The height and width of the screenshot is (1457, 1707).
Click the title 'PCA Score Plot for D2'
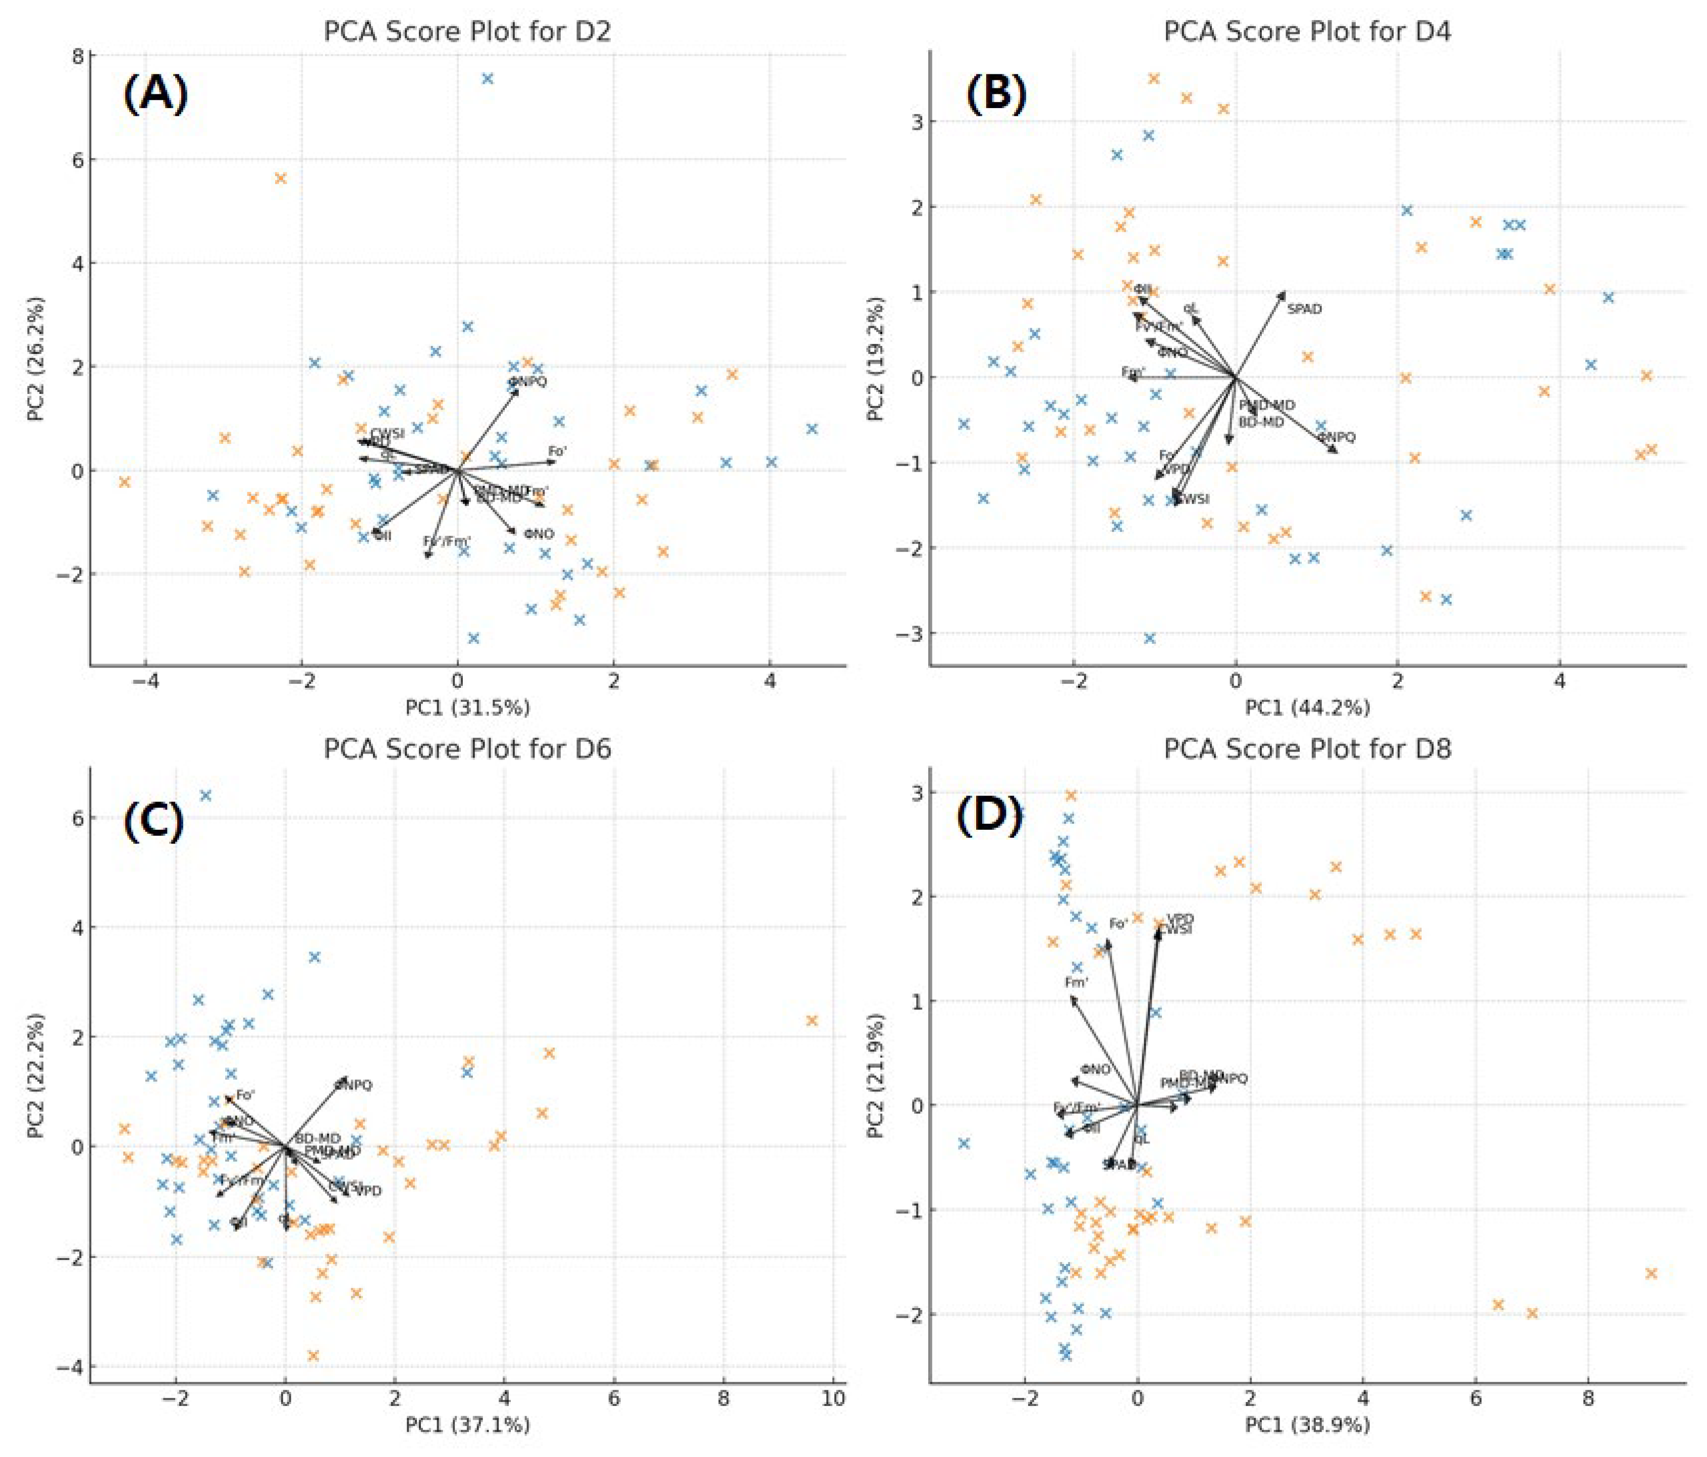click(467, 31)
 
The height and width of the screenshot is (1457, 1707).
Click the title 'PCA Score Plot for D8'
click(1307, 749)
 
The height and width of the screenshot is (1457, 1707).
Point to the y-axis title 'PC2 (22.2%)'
click(35, 1075)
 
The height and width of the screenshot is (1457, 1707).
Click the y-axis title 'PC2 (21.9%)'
click(876, 1075)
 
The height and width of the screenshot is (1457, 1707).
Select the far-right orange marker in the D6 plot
click(812, 1020)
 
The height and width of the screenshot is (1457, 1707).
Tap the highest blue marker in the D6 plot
click(206, 795)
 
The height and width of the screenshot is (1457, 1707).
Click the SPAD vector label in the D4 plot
click(1304, 309)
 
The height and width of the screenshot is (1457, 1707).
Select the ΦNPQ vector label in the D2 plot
click(527, 382)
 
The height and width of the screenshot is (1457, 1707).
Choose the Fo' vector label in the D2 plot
click(558, 451)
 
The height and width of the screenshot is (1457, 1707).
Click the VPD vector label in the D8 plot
click(1181, 919)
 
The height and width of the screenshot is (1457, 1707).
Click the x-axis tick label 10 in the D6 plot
click(833, 1397)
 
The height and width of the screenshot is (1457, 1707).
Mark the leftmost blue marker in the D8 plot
click(964, 1143)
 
